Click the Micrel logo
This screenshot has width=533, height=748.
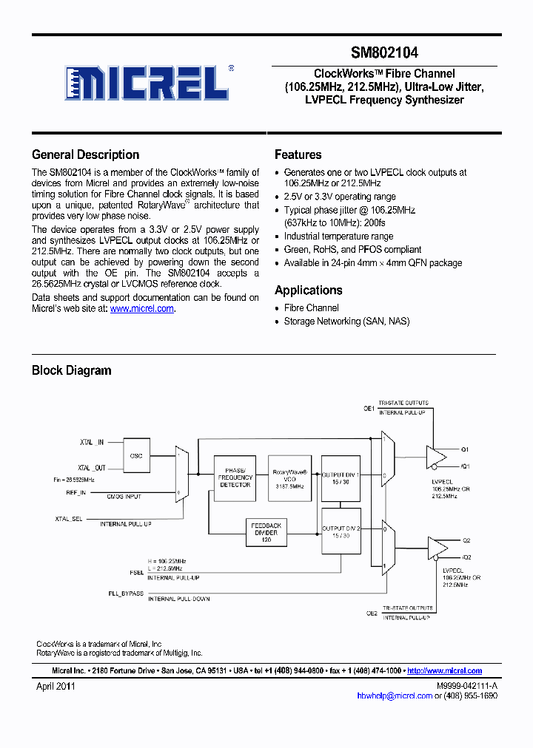click(x=148, y=83)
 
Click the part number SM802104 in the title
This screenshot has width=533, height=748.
click(x=384, y=53)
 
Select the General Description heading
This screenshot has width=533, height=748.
click(x=85, y=155)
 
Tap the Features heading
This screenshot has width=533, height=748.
click(x=298, y=155)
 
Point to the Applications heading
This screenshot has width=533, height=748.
click(x=308, y=290)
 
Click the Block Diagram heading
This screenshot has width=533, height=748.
click(x=71, y=370)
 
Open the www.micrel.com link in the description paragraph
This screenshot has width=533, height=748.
click(x=141, y=309)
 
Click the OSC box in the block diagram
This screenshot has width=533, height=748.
click(x=135, y=456)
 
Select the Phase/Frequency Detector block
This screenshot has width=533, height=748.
click(x=235, y=478)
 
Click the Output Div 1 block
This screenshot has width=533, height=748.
click(x=341, y=478)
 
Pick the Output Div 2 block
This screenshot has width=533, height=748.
click(x=341, y=531)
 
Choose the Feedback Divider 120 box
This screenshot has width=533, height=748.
click(x=266, y=531)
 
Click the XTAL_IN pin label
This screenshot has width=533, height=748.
click(x=93, y=442)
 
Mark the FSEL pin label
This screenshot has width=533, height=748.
click(x=136, y=572)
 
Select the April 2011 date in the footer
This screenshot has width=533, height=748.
click(x=56, y=686)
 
